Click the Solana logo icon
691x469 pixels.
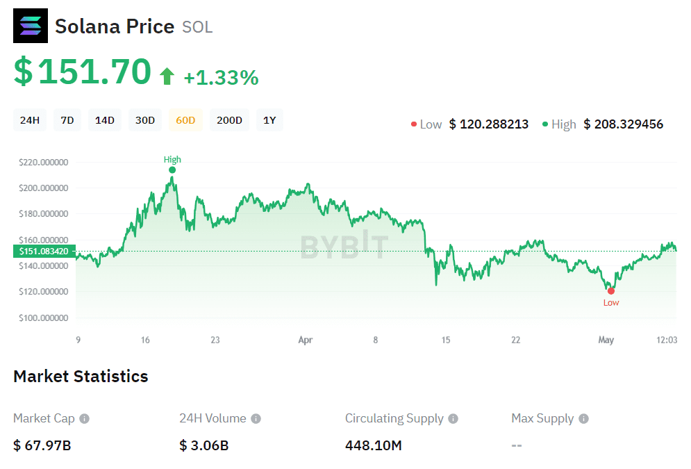click(x=31, y=26)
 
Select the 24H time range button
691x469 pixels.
click(x=30, y=120)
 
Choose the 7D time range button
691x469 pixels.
click(x=67, y=120)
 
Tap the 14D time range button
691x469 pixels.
click(x=105, y=120)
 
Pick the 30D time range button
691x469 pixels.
click(x=145, y=120)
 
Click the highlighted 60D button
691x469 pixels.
click(x=185, y=120)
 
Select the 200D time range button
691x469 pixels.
click(x=229, y=120)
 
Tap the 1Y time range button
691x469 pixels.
click(x=269, y=120)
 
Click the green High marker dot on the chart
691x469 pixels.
click(x=172, y=170)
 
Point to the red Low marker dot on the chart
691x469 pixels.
click(x=611, y=291)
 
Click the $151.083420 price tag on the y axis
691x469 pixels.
click(x=44, y=251)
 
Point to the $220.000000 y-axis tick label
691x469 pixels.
click(x=43, y=163)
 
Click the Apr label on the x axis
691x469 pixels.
click(x=306, y=340)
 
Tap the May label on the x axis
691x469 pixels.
click(x=606, y=340)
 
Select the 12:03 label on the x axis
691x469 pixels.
click(x=667, y=340)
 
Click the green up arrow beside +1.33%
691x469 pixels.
click(x=167, y=76)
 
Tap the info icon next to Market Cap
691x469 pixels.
click(x=84, y=419)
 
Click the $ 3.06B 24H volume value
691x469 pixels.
click(x=203, y=445)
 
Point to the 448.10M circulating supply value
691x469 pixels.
click(x=374, y=445)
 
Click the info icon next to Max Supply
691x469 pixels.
click(x=583, y=419)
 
